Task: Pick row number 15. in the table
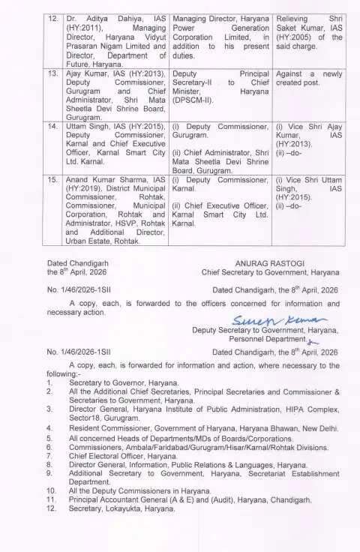50,181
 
